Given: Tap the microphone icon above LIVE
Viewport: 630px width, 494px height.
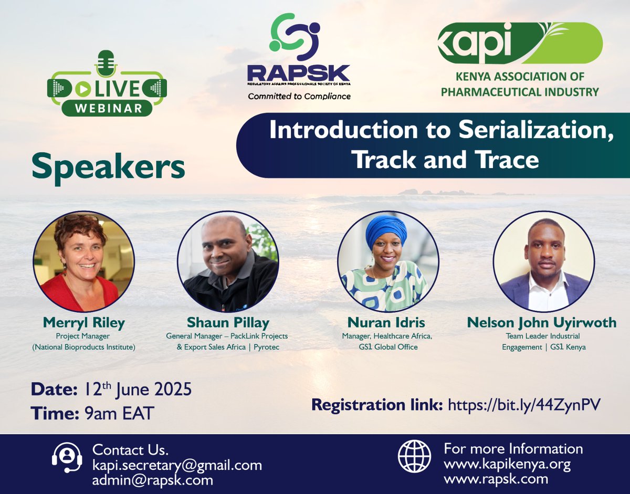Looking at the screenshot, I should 107,62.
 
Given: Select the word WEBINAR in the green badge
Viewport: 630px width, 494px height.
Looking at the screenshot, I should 107,108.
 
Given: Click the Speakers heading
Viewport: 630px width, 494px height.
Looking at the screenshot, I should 108,167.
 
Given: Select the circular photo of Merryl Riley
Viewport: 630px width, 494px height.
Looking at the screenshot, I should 83,261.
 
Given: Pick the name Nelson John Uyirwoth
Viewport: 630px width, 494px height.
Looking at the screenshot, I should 542,322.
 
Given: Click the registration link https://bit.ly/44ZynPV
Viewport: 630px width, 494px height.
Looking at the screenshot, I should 524,405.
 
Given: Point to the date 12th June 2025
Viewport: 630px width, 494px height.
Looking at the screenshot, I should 138,390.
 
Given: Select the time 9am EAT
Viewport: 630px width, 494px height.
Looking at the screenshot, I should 119,413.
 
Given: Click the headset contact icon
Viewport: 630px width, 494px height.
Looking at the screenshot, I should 67,457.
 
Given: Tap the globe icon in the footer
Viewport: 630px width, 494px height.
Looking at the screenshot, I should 414,457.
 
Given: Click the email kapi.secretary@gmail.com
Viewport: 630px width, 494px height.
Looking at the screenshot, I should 177,465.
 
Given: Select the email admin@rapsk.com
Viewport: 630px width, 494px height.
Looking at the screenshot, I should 152,479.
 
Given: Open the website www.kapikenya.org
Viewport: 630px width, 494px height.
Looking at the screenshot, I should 507,464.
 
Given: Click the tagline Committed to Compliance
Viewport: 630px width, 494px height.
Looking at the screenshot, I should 299,96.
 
